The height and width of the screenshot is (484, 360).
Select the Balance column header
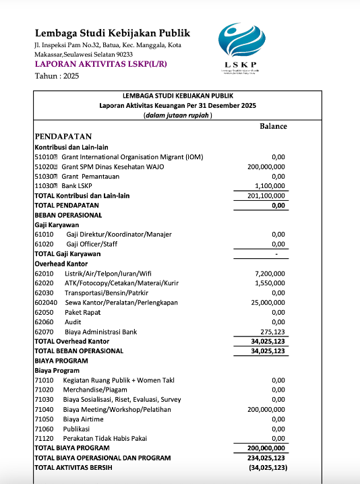[273, 126]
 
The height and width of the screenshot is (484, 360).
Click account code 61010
[44, 235]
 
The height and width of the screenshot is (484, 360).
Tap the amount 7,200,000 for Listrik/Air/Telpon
[270, 274]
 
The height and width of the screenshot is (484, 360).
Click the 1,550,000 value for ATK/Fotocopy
[270, 284]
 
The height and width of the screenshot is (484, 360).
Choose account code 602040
[46, 303]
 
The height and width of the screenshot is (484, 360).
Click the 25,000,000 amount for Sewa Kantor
[268, 303]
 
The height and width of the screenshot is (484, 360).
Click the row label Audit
[73, 323]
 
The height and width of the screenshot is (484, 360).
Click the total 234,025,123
[268, 458]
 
